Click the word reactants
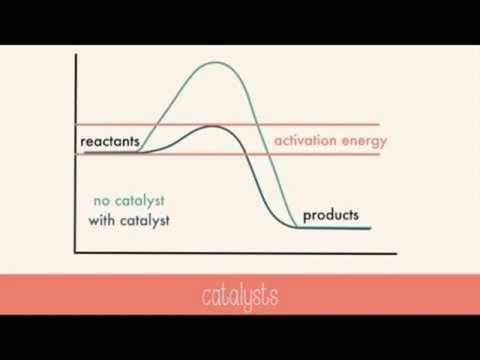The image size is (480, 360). point(110,142)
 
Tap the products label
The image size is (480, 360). point(331,215)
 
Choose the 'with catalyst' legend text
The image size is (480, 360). point(129,220)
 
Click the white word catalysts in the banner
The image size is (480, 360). point(239,296)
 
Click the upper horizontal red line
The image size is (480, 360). point(336,125)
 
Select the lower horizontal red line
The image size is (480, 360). point(336,154)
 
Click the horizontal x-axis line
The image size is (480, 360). point(240,253)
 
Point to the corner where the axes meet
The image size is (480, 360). point(75,253)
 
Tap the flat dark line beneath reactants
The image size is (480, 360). point(111,152)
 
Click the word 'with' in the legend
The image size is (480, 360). point(101,220)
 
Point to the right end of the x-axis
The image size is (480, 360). point(396,253)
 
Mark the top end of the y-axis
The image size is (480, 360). point(75,55)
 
